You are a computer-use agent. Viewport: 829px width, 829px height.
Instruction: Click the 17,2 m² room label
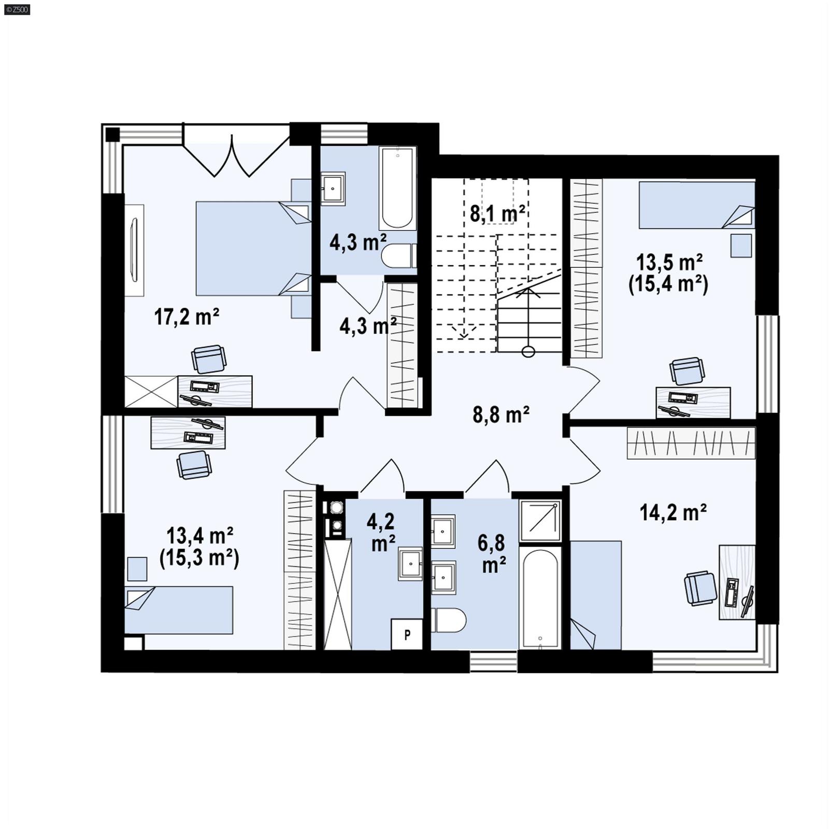point(187,317)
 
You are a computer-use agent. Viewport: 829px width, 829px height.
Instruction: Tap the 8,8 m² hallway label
point(501,414)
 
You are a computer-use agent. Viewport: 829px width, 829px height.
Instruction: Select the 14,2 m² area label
point(673,512)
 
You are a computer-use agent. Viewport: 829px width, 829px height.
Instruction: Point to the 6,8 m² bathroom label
point(491,554)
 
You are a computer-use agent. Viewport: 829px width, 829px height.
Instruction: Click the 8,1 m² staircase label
point(497,213)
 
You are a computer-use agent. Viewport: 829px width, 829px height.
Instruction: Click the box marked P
point(407,634)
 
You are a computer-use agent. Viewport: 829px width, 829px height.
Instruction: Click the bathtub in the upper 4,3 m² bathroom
point(397,189)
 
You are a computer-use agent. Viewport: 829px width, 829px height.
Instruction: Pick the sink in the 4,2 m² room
point(410,564)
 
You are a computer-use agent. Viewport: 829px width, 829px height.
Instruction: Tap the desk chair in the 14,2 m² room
point(700,588)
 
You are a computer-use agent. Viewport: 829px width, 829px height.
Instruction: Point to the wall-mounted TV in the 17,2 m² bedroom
point(134,250)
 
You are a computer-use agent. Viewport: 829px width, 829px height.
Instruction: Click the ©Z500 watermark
point(17,9)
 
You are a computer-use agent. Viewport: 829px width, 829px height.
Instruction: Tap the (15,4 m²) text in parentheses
point(668,284)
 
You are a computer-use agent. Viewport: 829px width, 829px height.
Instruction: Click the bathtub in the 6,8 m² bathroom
point(540,598)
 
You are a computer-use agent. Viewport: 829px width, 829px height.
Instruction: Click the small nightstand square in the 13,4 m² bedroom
point(137,569)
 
